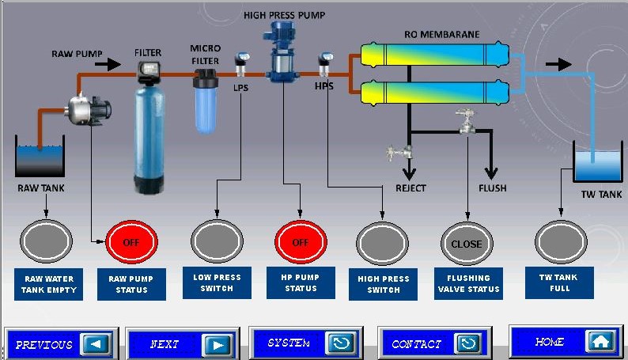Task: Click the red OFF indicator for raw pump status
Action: (131, 242)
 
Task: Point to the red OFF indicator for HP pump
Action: (301, 242)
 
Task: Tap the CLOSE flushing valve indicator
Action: (466, 244)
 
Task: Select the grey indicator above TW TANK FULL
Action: (560, 242)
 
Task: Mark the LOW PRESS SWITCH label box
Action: (217, 282)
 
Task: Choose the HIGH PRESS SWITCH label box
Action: (384, 284)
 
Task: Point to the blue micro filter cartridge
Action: (207, 101)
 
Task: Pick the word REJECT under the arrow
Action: (410, 188)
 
